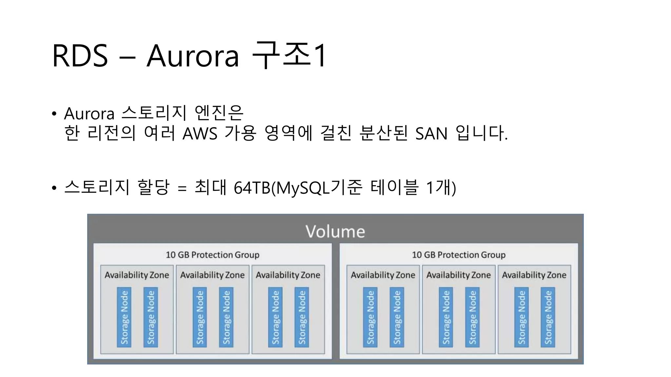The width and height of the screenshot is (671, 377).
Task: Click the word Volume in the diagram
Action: (335, 231)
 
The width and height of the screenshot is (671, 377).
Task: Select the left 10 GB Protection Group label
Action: (212, 255)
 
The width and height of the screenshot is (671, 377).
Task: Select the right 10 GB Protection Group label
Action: (458, 255)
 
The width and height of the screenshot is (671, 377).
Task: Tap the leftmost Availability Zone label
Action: (137, 275)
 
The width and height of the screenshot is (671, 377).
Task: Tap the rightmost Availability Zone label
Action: (534, 275)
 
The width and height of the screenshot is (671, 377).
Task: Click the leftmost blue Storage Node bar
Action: (124, 317)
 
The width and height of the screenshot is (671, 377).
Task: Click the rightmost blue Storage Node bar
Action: (548, 317)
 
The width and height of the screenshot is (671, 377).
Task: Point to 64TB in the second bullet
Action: (252, 188)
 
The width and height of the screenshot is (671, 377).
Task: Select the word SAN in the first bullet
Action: (431, 134)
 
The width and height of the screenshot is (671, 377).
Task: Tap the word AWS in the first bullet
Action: (200, 134)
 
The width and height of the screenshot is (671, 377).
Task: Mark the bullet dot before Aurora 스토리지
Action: (54, 114)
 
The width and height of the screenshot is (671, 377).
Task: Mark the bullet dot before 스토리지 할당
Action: (54, 188)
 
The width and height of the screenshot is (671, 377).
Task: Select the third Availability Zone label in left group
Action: (288, 275)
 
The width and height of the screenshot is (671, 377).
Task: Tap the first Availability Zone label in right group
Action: (383, 275)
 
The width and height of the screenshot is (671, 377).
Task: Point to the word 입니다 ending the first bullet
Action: (480, 134)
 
